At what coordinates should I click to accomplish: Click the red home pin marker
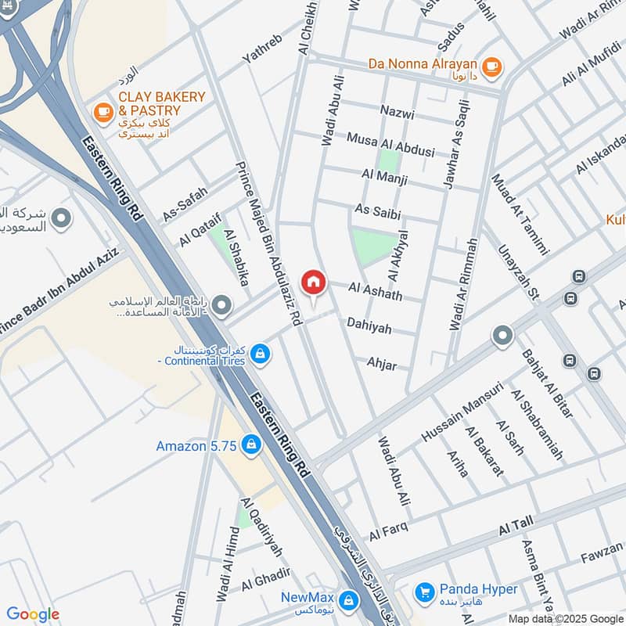click(313, 282)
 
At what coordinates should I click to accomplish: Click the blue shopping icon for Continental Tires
click(261, 354)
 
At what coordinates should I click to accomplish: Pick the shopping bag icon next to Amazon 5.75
click(250, 445)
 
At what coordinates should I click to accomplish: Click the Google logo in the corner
click(33, 614)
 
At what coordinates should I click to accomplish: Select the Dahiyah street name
click(369, 326)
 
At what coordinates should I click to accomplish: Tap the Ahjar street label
click(382, 364)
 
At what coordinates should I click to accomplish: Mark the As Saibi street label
click(372, 210)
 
